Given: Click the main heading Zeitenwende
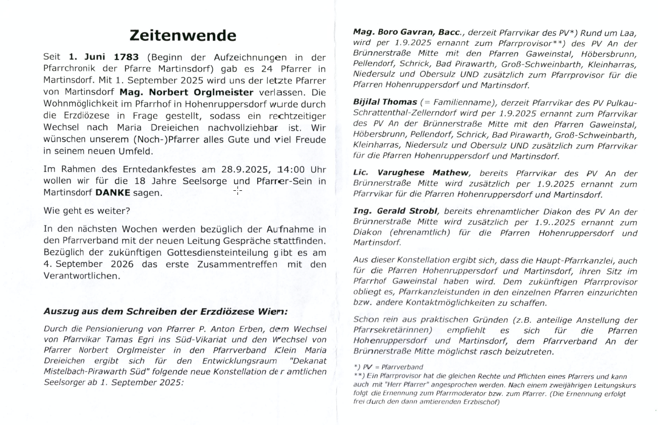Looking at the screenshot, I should point(183,35).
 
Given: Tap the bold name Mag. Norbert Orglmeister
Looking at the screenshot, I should point(187,92).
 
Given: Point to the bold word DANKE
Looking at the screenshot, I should point(113,192).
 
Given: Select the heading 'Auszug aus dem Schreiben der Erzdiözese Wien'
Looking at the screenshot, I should point(166,311).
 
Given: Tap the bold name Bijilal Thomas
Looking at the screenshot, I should point(385,101).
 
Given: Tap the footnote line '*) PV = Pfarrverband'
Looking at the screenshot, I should point(388,367).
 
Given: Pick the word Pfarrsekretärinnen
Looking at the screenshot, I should point(393,330).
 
